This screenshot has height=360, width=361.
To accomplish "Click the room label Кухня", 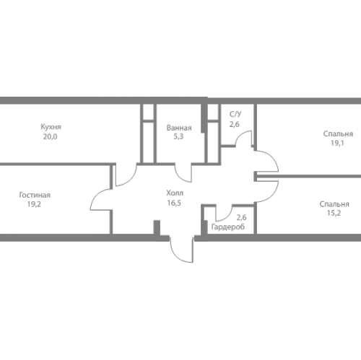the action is [x=51, y=127].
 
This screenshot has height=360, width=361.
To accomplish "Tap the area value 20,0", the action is [x=51, y=136].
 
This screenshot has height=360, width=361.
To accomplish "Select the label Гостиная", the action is [x=35, y=195].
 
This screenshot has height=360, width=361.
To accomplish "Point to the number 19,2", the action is [x=34, y=204].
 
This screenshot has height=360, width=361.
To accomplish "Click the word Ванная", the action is [x=179, y=128].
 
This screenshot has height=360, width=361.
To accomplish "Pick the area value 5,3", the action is [x=178, y=136].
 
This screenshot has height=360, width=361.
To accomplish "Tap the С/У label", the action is [x=235, y=114].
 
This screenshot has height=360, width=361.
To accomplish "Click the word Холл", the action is [x=175, y=193].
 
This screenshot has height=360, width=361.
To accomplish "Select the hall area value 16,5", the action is [x=174, y=203].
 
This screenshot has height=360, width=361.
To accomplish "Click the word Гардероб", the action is [x=228, y=227].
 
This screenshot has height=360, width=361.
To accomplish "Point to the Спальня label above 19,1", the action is [x=338, y=133].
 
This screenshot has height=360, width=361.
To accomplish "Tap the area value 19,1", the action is [x=337, y=143].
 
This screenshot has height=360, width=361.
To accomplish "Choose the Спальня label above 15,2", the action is [x=334, y=204].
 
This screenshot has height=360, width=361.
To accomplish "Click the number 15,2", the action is [x=334, y=213].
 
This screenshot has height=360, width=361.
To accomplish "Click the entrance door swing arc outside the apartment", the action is [x=178, y=256].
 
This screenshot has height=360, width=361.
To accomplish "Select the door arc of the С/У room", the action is [x=240, y=135].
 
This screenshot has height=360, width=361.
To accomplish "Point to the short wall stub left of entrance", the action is [x=157, y=227].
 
